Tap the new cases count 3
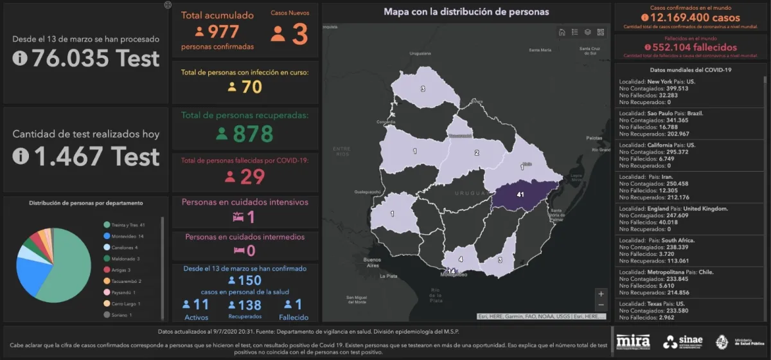[299, 34]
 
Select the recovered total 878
[253, 134]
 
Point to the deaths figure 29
[253, 177]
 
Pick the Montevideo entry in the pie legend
[126, 237]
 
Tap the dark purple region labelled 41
[520, 194]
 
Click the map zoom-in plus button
[601, 293]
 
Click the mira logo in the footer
[633, 341]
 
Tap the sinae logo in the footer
[683, 341]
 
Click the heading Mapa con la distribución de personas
[466, 12]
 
